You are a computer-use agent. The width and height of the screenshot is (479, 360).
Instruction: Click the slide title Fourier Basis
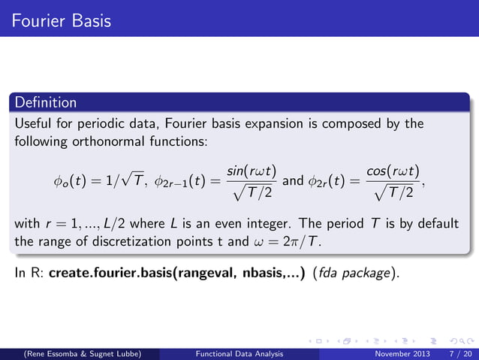coord(56,20)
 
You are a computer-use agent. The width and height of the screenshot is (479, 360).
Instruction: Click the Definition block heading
coord(46,102)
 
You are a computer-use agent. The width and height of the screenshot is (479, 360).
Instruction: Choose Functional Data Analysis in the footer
coord(239,353)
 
